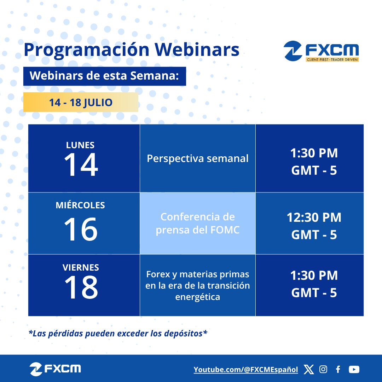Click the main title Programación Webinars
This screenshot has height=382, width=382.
132,50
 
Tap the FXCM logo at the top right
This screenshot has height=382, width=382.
321,52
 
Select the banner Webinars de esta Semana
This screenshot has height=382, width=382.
104,76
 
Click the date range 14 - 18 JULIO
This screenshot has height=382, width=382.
81,103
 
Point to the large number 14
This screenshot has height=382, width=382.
81,165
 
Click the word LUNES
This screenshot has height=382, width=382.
80,145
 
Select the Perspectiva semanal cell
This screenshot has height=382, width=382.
197,158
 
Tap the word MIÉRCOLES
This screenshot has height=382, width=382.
80,206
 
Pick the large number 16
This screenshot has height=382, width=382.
81,229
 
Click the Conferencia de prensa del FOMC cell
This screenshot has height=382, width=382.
197,223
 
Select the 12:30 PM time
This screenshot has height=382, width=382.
314,218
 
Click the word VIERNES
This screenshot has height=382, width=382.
80,267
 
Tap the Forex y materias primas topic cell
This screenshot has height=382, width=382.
197,285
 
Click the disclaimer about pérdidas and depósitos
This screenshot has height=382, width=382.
117,333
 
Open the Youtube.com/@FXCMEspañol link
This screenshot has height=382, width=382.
246,370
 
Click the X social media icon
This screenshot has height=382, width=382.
309,370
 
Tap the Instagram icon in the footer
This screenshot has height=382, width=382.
323,370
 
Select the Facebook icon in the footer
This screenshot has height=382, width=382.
338,370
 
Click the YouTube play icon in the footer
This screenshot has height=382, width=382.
354,370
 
